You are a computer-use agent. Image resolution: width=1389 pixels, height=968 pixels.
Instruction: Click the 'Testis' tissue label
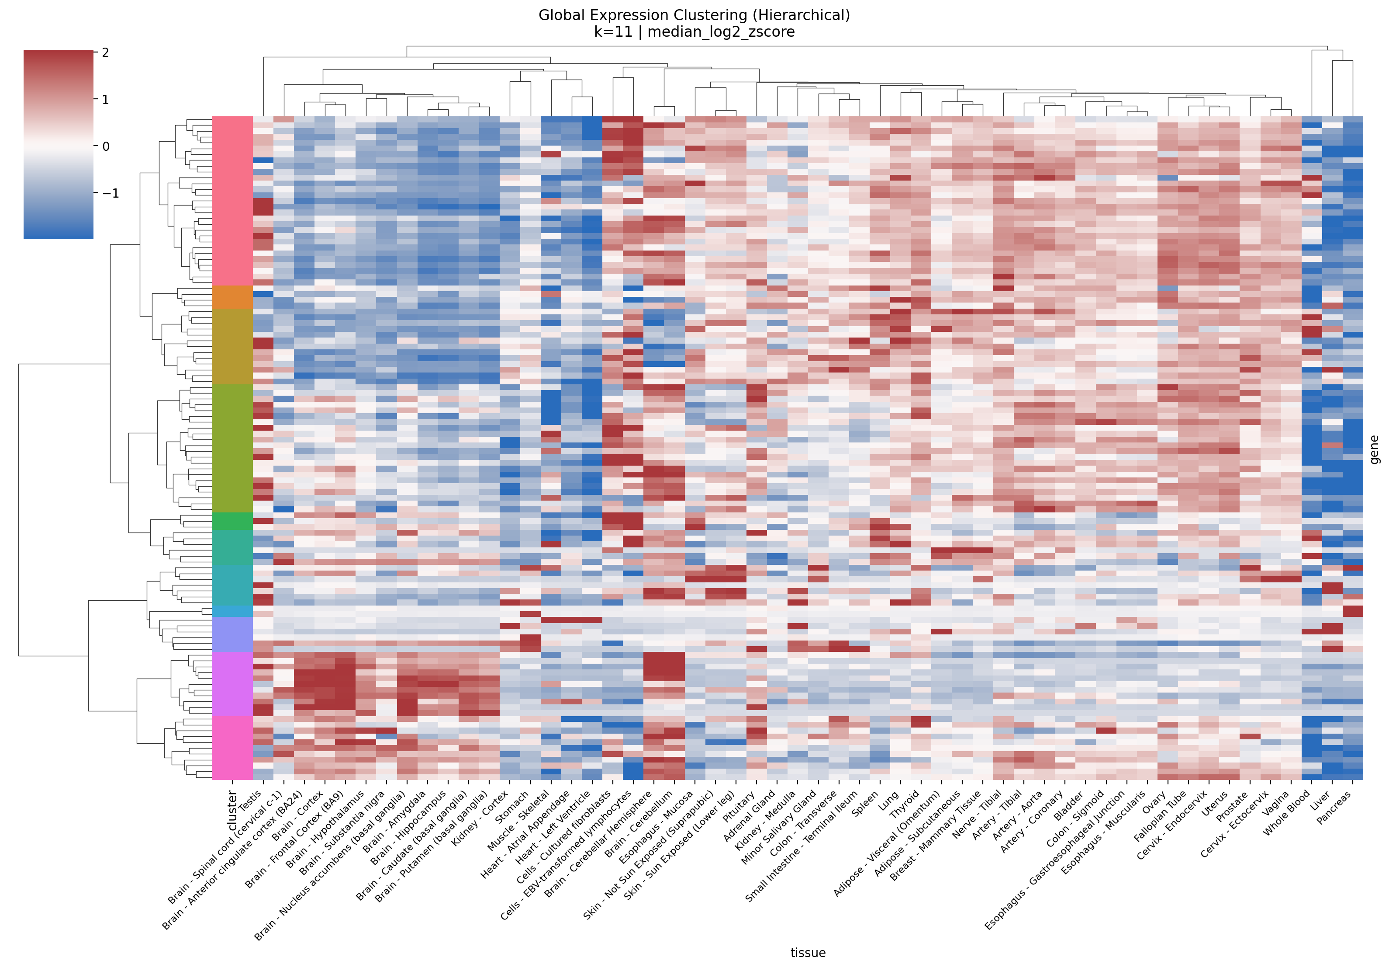(x=250, y=800)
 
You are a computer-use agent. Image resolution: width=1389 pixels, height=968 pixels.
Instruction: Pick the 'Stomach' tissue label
(x=512, y=806)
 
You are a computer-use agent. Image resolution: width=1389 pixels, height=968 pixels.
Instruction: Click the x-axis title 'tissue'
(x=808, y=953)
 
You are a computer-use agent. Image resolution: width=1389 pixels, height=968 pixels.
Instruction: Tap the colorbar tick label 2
(x=106, y=52)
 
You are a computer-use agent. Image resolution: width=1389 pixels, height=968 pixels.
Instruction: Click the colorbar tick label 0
(x=106, y=146)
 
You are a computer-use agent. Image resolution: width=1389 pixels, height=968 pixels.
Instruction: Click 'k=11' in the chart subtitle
(x=613, y=32)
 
